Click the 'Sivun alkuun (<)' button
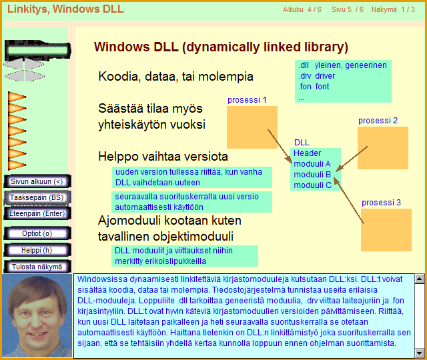37,181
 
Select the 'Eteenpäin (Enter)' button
37,213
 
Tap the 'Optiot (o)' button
37,233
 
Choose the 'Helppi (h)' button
37,250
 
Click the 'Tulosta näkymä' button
37,267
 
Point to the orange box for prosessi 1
252,127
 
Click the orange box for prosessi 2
383,148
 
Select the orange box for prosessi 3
386,230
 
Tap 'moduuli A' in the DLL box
312,164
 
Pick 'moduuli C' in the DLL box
312,185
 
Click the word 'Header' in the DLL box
307,153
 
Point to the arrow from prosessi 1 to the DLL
280,147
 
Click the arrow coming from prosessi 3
348,200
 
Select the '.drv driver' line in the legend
316,76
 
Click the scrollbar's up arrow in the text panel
420,279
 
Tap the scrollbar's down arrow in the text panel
420,353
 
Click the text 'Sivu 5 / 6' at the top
348,9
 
